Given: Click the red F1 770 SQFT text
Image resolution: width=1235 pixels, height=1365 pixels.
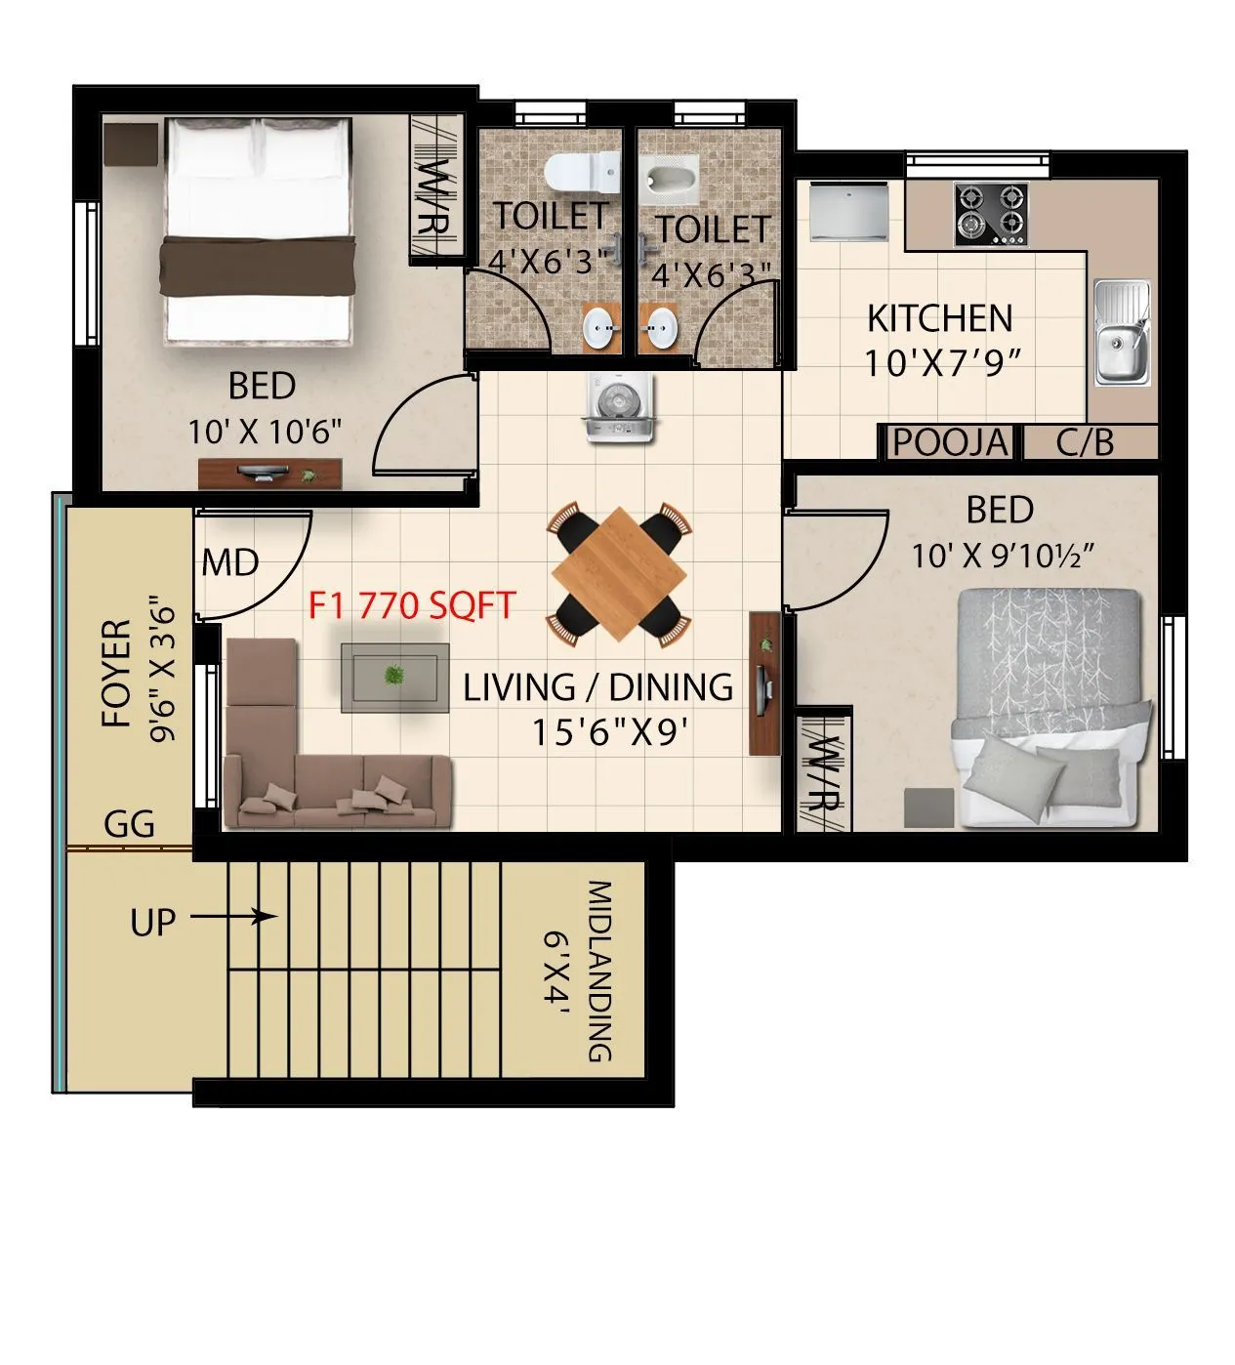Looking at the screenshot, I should tap(411, 606).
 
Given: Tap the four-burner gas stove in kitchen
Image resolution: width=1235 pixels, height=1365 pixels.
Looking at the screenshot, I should tap(990, 215).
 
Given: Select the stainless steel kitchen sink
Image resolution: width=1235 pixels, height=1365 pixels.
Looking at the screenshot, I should tap(1122, 332).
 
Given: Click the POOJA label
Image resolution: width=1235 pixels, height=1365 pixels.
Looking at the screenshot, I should tap(949, 442).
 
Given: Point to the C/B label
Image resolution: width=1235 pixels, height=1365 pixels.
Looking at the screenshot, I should tap(1085, 442).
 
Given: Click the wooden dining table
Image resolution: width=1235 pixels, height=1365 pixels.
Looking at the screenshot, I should tap(620, 574).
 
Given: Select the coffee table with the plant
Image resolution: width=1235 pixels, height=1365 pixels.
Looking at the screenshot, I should tap(394, 677).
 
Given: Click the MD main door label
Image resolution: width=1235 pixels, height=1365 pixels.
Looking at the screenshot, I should tap(230, 563).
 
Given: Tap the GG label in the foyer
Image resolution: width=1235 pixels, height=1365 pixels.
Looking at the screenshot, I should tap(130, 824).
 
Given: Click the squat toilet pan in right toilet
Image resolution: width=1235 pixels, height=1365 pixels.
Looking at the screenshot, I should tap(670, 182).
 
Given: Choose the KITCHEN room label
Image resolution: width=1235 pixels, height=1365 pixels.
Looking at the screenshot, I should tap(939, 318).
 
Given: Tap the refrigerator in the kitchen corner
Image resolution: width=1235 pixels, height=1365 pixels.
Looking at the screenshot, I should tap(848, 211).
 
